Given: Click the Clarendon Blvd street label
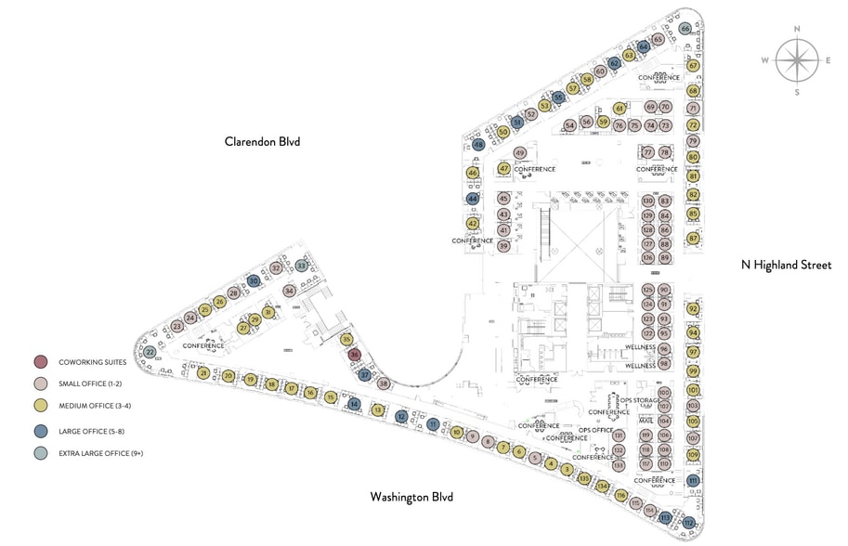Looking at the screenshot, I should pyautogui.click(x=263, y=141).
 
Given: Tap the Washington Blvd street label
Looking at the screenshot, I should pyautogui.click(x=411, y=497).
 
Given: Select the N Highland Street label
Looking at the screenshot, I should pyautogui.click(x=785, y=265).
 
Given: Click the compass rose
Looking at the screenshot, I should pyautogui.click(x=797, y=61).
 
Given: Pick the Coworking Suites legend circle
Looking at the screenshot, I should pyautogui.click(x=41, y=361).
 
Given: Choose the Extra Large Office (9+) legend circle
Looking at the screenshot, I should pyautogui.click(x=41, y=453).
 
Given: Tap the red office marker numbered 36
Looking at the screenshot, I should pyautogui.click(x=353, y=355).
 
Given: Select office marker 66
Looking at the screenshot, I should pyautogui.click(x=685, y=29).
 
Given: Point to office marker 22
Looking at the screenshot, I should pyautogui.click(x=150, y=352).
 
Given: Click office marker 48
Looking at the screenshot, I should pyautogui.click(x=478, y=145).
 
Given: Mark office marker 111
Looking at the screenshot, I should pyautogui.click(x=693, y=480).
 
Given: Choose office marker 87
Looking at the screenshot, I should pyautogui.click(x=693, y=239).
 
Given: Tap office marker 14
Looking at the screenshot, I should pyautogui.click(x=354, y=404).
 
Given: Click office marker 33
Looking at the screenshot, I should pyautogui.click(x=301, y=266).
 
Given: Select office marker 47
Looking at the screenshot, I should pyautogui.click(x=504, y=169).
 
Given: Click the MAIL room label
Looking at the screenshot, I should pyautogui.click(x=646, y=420).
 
